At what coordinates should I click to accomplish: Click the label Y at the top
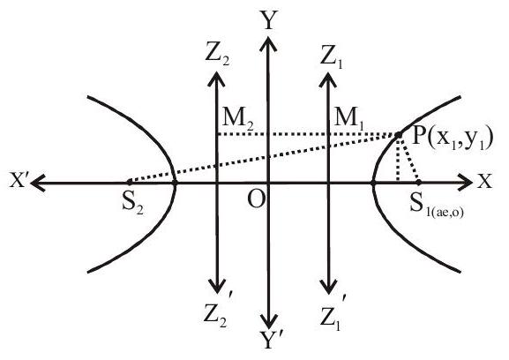(267, 20)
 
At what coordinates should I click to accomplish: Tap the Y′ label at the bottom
(272, 341)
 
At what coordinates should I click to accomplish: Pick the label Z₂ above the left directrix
(218, 55)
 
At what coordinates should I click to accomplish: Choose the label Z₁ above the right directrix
(331, 56)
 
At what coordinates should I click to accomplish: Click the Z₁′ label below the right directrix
(332, 311)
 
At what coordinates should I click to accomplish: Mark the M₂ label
(238, 119)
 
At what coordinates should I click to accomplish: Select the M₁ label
(350, 119)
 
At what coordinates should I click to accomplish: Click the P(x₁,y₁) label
(453, 139)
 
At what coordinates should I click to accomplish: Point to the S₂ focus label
(133, 204)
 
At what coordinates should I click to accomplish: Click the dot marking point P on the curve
(399, 134)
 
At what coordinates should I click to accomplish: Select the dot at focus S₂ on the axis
(130, 181)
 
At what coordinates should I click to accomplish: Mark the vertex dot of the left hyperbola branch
(175, 183)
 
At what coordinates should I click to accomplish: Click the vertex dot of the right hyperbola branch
(372, 183)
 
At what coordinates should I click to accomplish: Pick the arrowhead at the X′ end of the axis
(38, 183)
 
